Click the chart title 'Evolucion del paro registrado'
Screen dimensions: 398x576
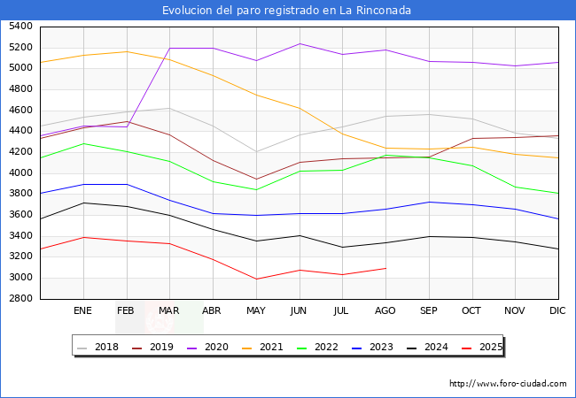click(x=286, y=11)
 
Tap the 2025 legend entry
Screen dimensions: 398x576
click(x=488, y=347)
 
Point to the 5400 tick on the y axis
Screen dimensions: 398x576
click(x=20, y=26)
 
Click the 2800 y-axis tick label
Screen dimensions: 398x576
click(x=20, y=299)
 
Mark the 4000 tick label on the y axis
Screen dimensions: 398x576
click(x=20, y=172)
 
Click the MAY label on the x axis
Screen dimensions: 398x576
click(x=255, y=310)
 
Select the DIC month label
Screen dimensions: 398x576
click(x=557, y=310)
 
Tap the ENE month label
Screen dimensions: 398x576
click(x=82, y=310)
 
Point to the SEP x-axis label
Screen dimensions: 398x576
click(x=428, y=310)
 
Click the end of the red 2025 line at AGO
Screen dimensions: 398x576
click(x=385, y=268)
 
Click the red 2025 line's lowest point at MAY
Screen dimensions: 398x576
click(x=256, y=279)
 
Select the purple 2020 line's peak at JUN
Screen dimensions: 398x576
click(x=300, y=43)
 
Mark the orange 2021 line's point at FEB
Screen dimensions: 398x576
click(x=127, y=51)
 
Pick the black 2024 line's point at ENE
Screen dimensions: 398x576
click(x=83, y=203)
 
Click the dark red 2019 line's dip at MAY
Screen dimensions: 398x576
click(x=256, y=180)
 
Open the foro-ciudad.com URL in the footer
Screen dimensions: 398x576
click(x=508, y=384)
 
